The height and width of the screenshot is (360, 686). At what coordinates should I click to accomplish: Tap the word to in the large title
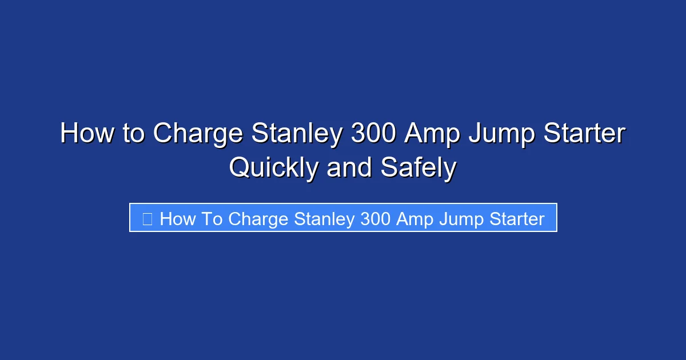[132, 134]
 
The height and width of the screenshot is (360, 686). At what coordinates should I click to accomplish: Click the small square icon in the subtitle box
[147, 218]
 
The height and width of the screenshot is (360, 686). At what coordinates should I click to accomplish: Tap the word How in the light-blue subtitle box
[178, 218]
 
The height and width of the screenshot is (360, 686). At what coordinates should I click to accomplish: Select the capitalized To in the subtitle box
[212, 218]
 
